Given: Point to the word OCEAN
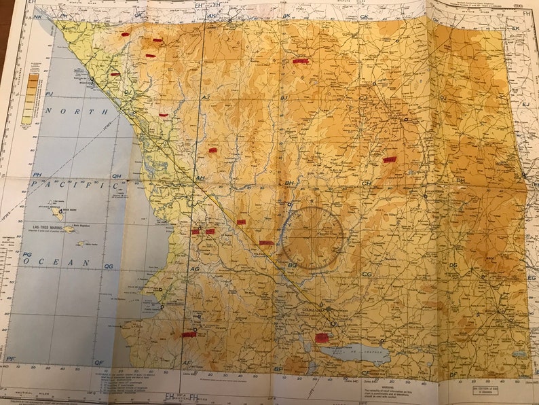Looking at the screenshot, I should coord(66,262).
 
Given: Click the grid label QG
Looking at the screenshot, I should coord(108,266).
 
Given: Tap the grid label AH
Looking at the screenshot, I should coord(200,179).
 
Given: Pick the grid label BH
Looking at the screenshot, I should coord(289,183).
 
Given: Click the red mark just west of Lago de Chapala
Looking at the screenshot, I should coord(322,337).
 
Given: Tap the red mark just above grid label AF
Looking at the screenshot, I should coord(189,334).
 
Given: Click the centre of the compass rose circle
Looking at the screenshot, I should coord(314,237).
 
